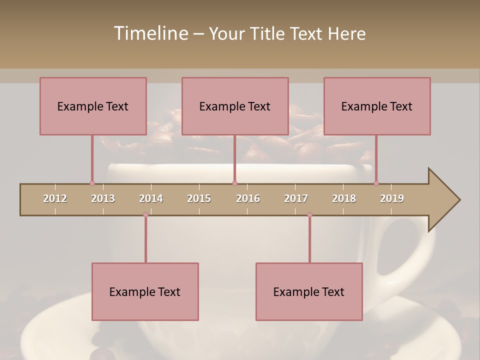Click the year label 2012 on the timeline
pos(55,198)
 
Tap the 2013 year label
pos(103,198)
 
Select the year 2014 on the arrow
pos(151,198)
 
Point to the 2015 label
pos(199,198)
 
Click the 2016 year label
pos(248,198)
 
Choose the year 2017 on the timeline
pos(296,198)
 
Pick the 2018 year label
pos(344,198)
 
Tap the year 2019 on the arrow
pos(392,198)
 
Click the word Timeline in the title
pos(150,33)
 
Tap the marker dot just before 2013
pos(92,183)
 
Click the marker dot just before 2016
pos(234,183)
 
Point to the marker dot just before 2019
pos(376,183)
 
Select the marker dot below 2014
pos(145,215)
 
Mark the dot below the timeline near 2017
pos(309,215)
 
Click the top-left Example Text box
pos(93,106)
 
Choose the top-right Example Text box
pos(377,106)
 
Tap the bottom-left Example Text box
pos(145,291)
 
